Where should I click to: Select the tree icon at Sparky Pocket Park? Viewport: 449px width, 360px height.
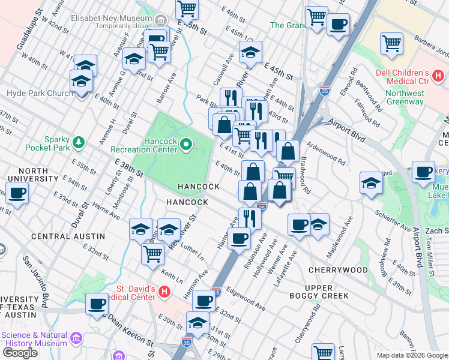point(78,142)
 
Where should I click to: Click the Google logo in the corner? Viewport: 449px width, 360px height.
point(20,352)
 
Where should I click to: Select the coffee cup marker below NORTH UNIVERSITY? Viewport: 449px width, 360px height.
point(17,193)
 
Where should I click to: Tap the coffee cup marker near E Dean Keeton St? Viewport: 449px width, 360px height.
point(97,304)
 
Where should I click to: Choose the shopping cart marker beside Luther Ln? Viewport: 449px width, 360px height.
point(153,253)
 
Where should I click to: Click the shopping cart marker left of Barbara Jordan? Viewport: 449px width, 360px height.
point(391,43)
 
